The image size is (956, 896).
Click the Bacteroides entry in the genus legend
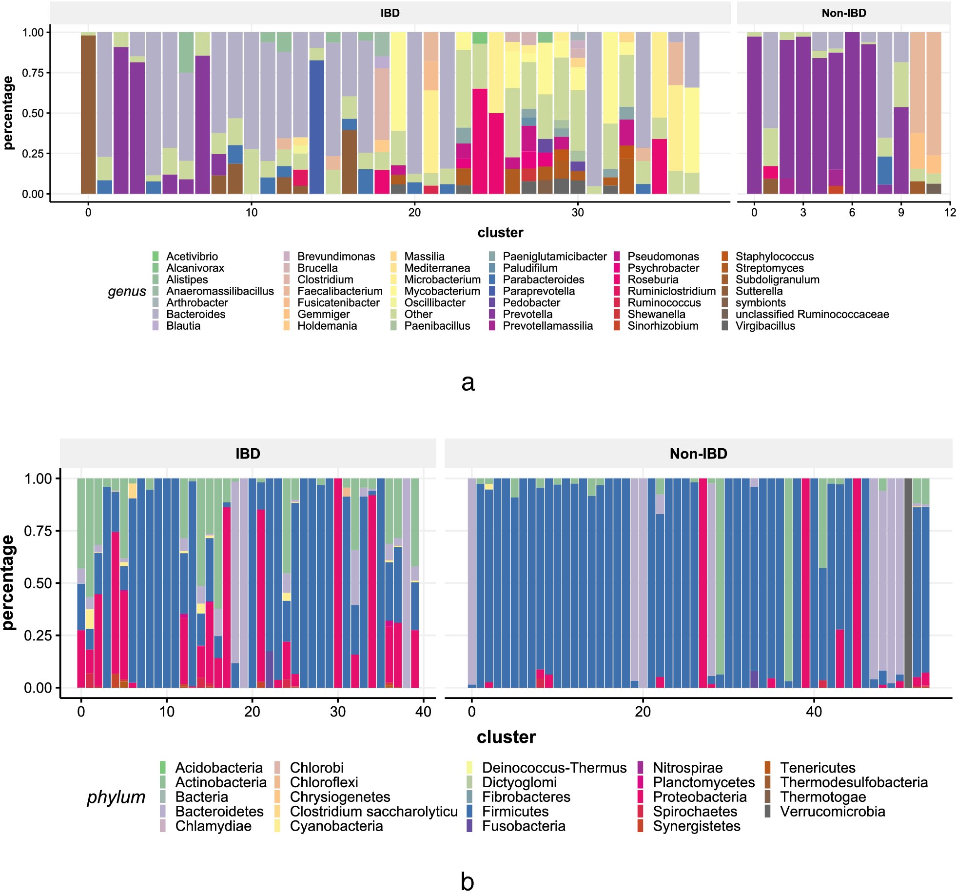tap(195, 314)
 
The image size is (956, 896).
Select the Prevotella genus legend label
tap(527, 314)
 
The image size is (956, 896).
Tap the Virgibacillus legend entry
tap(765, 326)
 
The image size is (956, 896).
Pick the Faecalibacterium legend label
tap(340, 291)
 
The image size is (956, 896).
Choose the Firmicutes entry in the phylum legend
tap(515, 811)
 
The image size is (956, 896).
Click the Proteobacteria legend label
tap(700, 796)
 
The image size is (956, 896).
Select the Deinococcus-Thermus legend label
tap(554, 768)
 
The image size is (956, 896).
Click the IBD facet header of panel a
tap(390, 13)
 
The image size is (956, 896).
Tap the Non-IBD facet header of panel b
tap(698, 454)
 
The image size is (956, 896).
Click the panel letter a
tap(468, 383)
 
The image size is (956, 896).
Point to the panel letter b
tap(467, 882)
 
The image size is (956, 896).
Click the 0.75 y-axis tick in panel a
tap(33, 73)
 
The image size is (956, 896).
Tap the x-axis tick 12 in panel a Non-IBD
tap(950, 213)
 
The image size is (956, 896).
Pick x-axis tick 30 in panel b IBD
tap(338, 712)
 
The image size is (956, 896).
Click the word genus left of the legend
tap(127, 291)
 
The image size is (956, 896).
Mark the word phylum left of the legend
tap(116, 797)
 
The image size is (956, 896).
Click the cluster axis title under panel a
tap(500, 233)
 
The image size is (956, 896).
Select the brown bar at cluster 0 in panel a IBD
tap(88, 115)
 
